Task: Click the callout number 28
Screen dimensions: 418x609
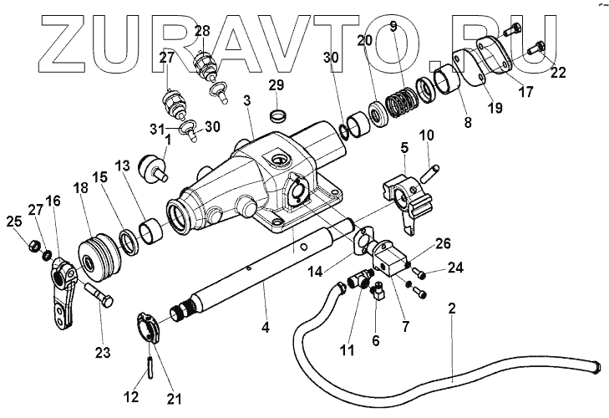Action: (x=202, y=31)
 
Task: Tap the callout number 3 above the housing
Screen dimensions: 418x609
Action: (x=247, y=101)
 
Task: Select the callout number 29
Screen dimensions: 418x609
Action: (x=277, y=85)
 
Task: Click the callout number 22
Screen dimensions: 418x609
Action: (x=559, y=73)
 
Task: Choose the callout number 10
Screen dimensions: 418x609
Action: (x=426, y=135)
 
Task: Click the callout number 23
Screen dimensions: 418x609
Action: (x=102, y=353)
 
